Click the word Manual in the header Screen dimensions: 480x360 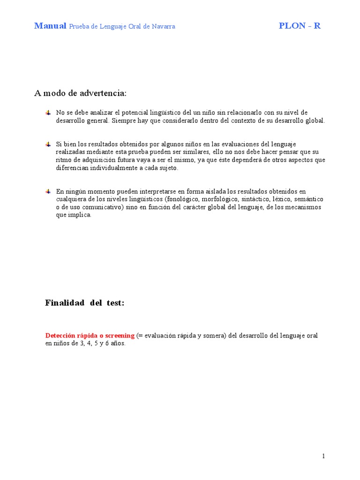[50, 26]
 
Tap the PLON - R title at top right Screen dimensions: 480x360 [300, 26]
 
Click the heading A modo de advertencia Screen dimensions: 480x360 [80, 93]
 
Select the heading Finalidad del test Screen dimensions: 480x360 [85, 303]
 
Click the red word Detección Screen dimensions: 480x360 [60, 336]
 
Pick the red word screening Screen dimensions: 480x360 [120, 336]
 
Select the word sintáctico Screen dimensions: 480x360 [256, 199]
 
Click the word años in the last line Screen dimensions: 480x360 [118, 344]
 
